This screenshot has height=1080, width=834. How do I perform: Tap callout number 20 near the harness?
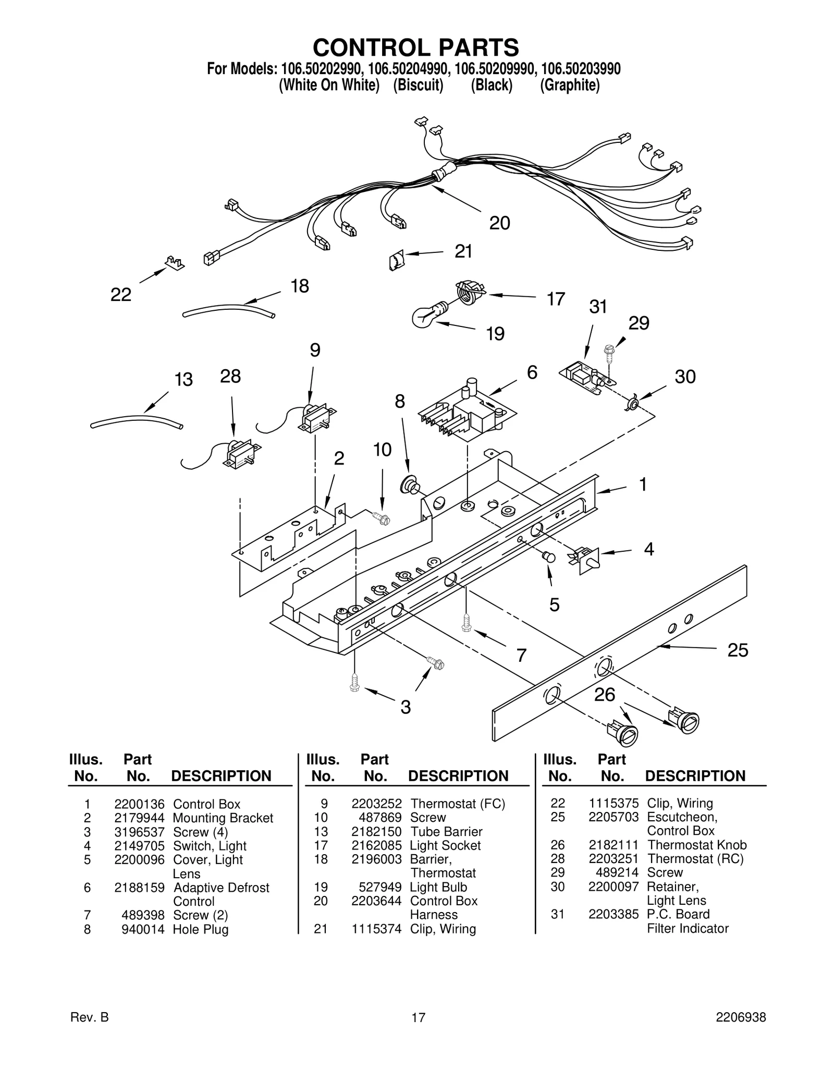[499, 223]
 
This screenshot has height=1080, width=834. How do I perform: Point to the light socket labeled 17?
[470, 293]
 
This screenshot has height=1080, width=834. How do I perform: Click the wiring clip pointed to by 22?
[175, 262]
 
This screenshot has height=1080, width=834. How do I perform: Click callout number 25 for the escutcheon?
[738, 650]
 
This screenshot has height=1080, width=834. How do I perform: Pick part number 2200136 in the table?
[139, 804]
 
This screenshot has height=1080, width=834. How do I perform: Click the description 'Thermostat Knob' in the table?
[696, 845]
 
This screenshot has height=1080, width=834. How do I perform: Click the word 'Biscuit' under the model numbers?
[418, 86]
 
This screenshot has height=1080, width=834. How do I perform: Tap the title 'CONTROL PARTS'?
[416, 47]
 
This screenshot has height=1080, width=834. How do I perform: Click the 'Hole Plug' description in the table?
[201, 929]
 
